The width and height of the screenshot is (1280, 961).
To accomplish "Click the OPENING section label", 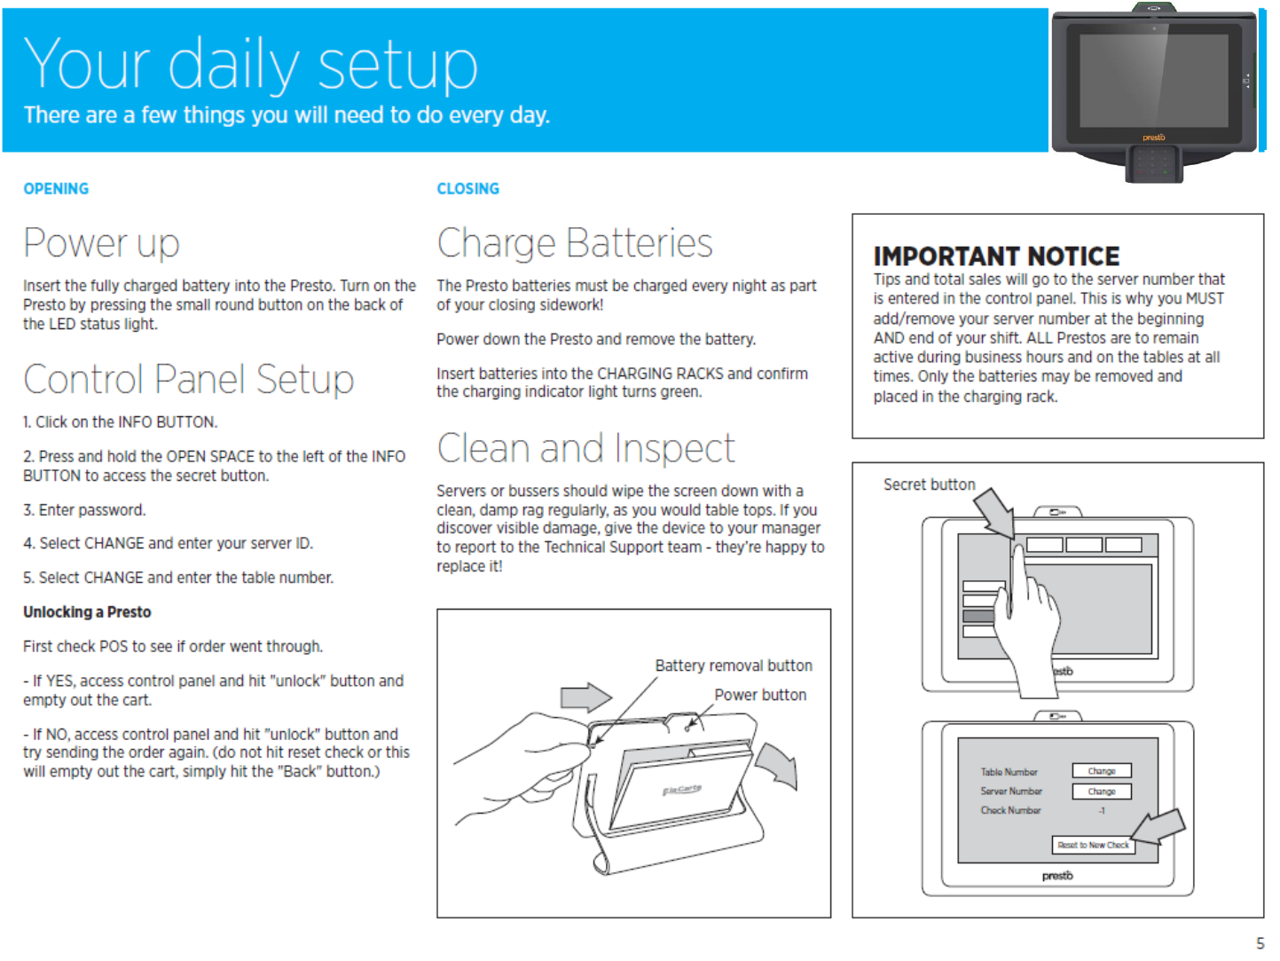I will coord(56,189).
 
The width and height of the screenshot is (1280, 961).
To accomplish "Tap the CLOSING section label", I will coord(467,189).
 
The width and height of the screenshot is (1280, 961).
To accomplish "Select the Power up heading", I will coord(101,243).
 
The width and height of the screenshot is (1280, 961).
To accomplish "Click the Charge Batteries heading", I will coord(574,243).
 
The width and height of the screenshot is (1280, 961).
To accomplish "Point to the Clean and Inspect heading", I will coord(585,448).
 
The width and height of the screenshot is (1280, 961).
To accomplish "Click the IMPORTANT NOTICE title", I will coord(996,256).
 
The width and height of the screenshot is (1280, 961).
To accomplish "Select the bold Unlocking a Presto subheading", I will coord(87,612).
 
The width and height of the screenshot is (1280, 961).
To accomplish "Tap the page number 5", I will coord(1260,943).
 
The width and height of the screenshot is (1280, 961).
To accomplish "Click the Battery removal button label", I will coord(733,666).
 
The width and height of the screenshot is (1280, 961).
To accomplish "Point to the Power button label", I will coord(760,695).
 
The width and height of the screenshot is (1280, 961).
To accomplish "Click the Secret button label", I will coord(929,484).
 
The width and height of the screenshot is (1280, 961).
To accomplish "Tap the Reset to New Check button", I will coord(1093,845).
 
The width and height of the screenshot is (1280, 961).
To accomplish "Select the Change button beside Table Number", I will coord(1102,771).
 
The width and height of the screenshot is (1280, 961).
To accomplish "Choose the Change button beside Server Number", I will coord(1102,792).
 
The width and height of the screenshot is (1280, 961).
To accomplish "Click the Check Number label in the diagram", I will coord(1010,810).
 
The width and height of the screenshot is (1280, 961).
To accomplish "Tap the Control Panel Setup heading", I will coord(188,380).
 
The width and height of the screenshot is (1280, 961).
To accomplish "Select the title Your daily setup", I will coord(250,65).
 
